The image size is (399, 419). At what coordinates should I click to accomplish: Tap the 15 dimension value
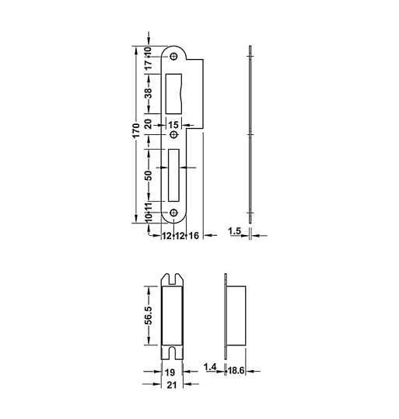[173, 125]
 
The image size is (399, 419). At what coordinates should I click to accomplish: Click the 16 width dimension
[193, 236]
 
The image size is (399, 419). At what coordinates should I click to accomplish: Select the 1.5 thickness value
[233, 231]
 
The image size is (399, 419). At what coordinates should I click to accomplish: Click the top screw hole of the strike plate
[173, 57]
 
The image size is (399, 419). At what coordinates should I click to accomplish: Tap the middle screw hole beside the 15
[173, 135]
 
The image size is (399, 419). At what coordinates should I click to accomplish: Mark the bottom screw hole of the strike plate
[173, 213]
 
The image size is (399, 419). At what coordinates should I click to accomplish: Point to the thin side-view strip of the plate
[249, 136]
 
